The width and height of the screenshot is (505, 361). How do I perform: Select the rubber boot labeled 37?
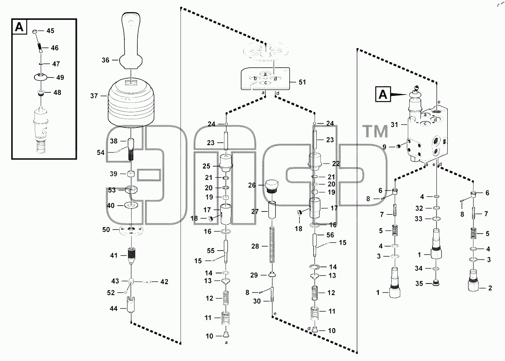pyautogui.click(x=131, y=105)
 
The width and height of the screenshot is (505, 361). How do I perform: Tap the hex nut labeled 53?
pyautogui.click(x=131, y=190)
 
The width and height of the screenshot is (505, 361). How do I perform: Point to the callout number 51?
pyautogui.click(x=302, y=82)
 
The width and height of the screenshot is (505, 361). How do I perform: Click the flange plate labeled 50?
pyautogui.click(x=131, y=230)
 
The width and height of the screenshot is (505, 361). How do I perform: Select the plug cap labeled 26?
pyautogui.click(x=272, y=186)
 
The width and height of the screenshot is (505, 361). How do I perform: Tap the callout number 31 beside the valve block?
pyautogui.click(x=394, y=125)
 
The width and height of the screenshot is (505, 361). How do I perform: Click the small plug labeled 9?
pyautogui.click(x=398, y=147)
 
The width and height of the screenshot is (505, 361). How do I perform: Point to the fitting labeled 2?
pyautogui.click(x=473, y=281)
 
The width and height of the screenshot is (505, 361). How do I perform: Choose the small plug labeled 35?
pyautogui.click(x=436, y=283)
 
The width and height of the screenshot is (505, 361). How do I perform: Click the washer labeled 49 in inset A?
pyautogui.click(x=41, y=77)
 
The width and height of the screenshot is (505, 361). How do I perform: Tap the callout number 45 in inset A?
pyautogui.click(x=50, y=31)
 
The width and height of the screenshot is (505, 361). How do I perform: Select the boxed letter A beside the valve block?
pyautogui.click(x=383, y=95)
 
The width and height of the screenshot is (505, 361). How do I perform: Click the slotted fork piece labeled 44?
pyautogui.click(x=131, y=305)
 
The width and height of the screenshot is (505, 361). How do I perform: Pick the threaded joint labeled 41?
pyautogui.click(x=131, y=256)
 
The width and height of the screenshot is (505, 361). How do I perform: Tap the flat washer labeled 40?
pyautogui.click(x=131, y=205)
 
